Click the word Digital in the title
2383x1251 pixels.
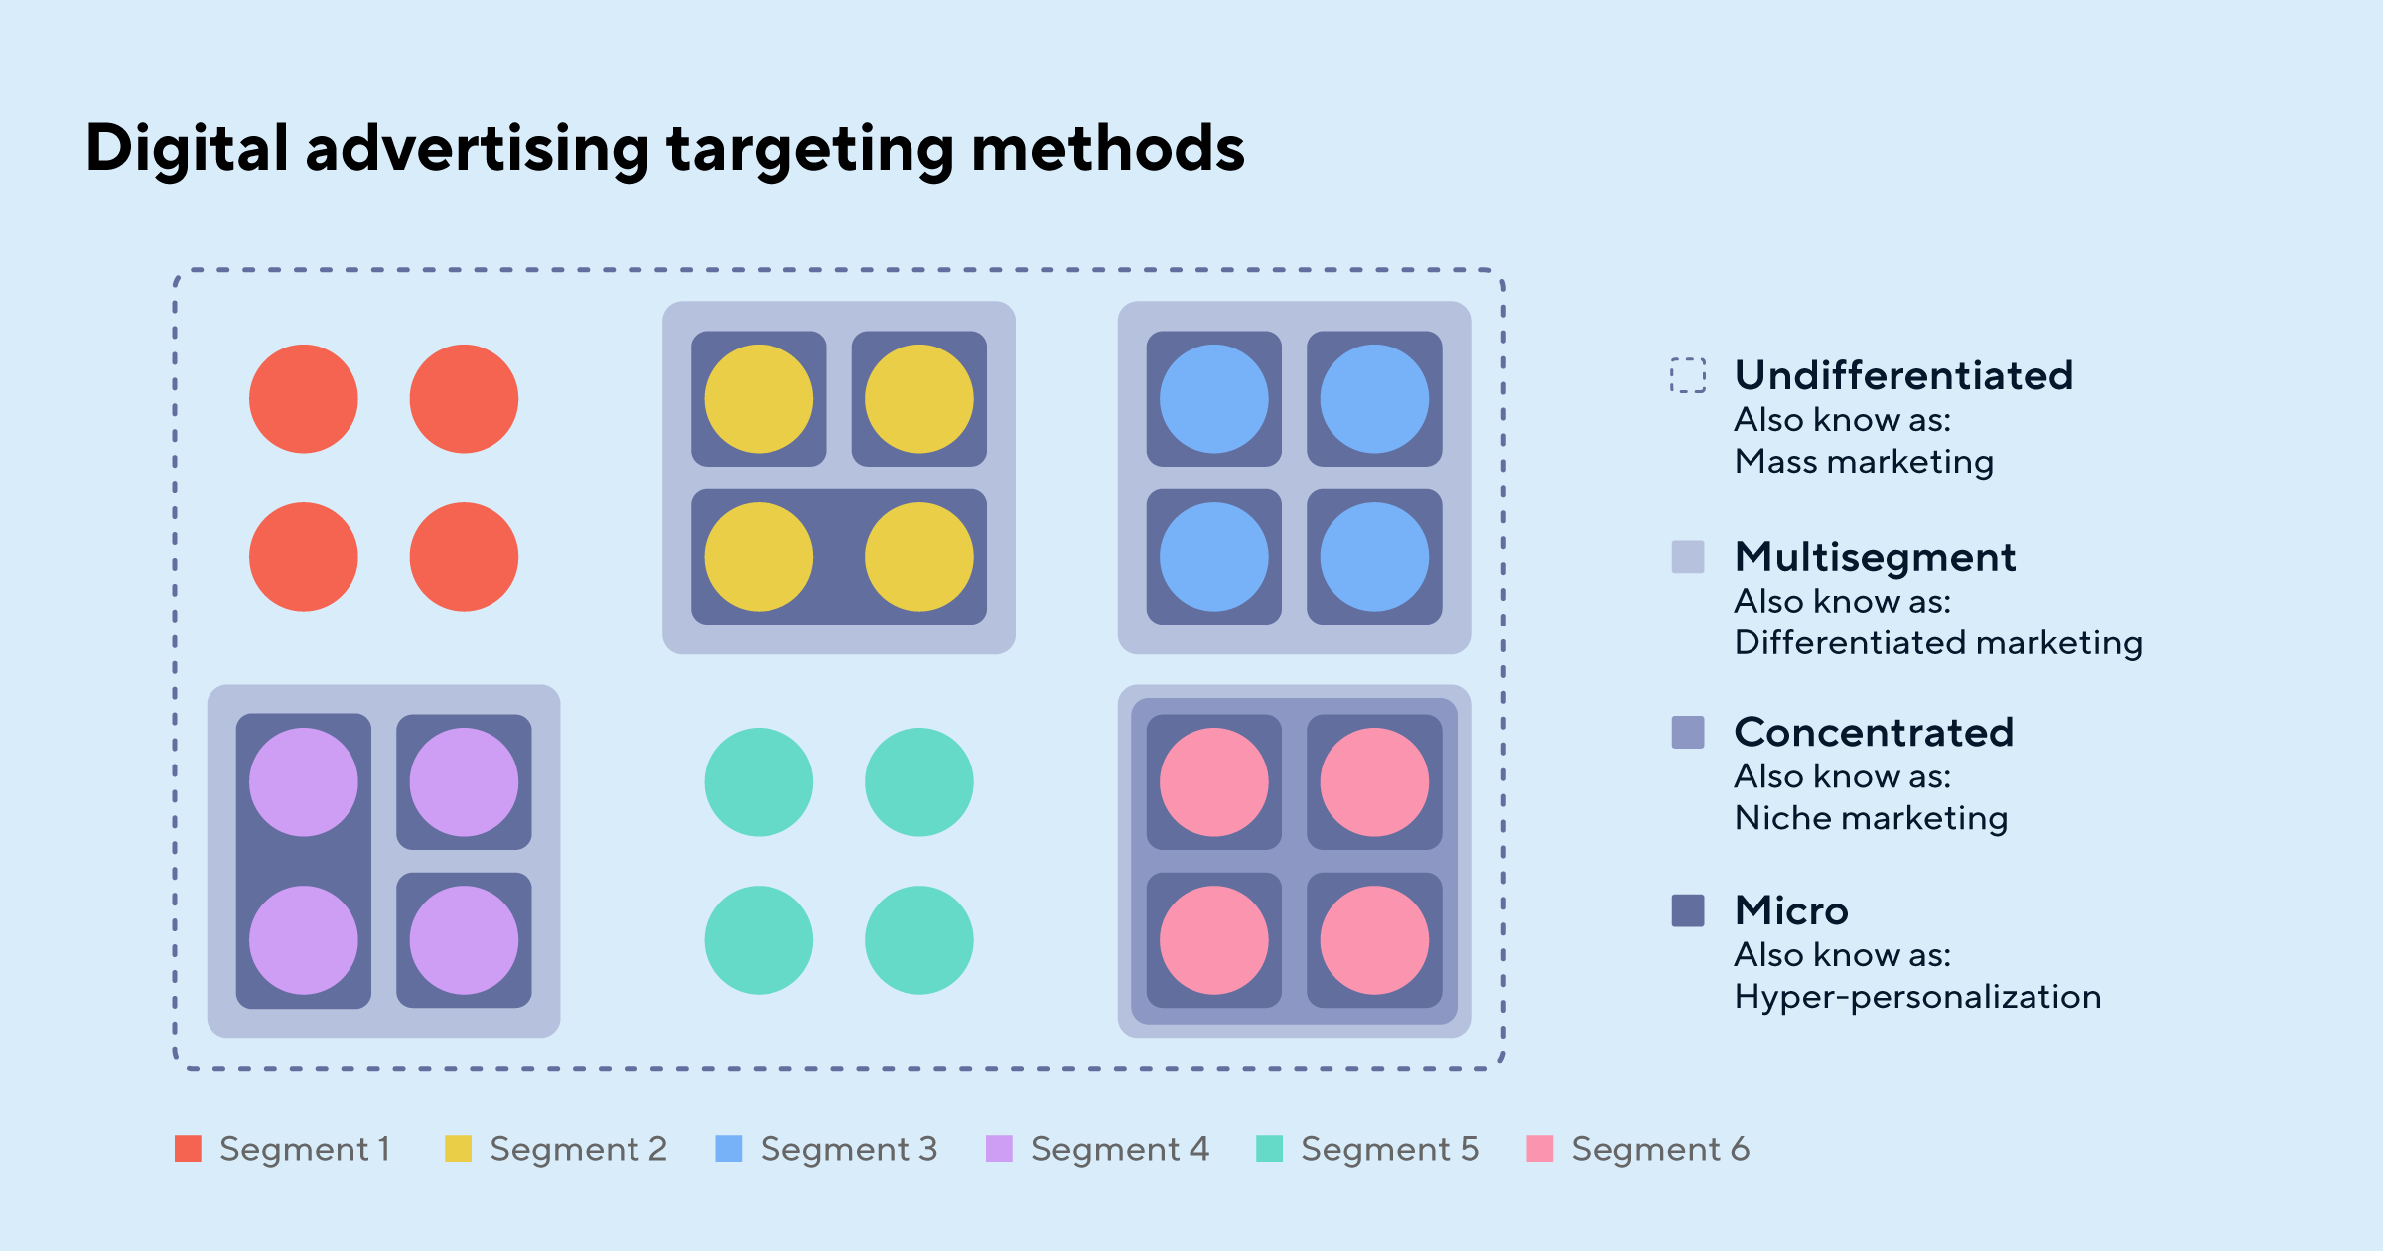coord(187,149)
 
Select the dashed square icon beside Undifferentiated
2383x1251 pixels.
coord(1688,375)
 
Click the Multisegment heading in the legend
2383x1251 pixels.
coord(1875,557)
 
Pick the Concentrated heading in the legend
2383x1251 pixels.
coord(1874,732)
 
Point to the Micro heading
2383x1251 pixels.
coord(1791,909)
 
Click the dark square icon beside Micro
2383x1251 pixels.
coord(1688,909)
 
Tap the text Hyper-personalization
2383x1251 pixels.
coord(1917,996)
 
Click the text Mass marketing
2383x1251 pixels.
coord(1864,462)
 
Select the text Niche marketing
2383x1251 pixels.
coord(1871,818)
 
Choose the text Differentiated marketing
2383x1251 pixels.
coord(1938,643)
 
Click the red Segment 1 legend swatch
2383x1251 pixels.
coord(188,1148)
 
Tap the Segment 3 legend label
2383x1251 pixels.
coord(849,1149)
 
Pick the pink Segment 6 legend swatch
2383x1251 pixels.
coord(1539,1148)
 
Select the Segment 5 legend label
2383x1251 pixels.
coord(1390,1149)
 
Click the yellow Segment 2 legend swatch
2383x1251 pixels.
coord(458,1148)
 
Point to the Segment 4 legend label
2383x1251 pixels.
coord(1120,1149)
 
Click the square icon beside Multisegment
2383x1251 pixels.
coord(1688,557)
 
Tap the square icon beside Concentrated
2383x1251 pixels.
coord(1688,732)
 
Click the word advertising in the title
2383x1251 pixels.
coord(477,149)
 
